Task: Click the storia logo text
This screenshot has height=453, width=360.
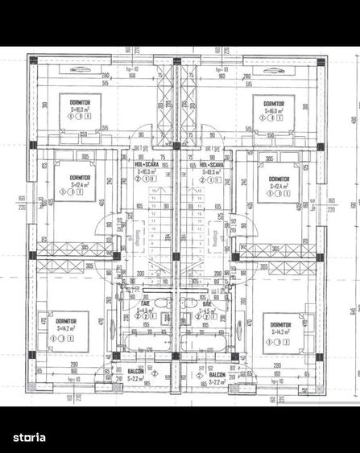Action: tap(30, 437)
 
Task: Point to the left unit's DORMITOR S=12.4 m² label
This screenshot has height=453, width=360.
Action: tap(80, 177)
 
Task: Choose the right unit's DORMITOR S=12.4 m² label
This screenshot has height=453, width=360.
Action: tap(279, 178)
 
